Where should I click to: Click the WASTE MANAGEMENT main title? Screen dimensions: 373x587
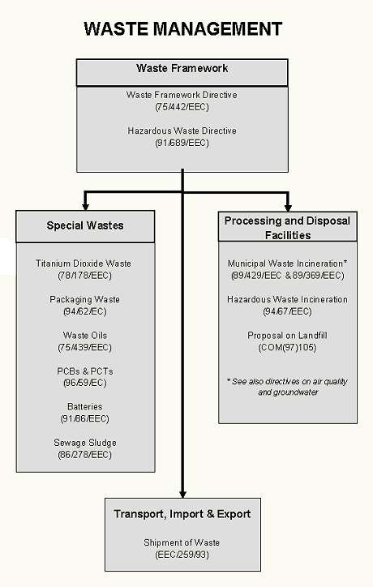tap(182, 29)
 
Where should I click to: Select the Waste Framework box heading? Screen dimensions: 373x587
tap(182, 68)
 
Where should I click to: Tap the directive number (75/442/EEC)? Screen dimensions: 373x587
tap(182, 107)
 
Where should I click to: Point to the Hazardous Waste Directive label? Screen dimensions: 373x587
tap(182, 131)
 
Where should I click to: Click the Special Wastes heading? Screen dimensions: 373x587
tap(85, 225)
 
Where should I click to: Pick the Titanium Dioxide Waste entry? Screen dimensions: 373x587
tap(84, 264)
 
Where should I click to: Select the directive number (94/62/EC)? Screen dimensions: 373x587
tap(85, 311)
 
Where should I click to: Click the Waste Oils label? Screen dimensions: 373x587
tap(85, 336)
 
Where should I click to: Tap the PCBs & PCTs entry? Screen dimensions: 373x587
tap(85, 371)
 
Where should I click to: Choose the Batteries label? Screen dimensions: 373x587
tap(85, 406)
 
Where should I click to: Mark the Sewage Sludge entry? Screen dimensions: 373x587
tap(85, 443)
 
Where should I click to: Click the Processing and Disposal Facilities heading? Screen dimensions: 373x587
tap(287, 228)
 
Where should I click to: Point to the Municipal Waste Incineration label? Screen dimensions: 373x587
tap(287, 264)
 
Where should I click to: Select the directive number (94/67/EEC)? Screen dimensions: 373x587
tap(287, 311)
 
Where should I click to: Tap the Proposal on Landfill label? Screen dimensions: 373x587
tap(287, 336)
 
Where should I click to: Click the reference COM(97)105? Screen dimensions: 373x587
tap(287, 347)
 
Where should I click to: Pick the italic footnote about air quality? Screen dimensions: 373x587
tap(287, 387)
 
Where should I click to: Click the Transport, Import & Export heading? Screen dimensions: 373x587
tap(182, 514)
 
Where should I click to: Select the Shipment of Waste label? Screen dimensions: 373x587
tap(182, 543)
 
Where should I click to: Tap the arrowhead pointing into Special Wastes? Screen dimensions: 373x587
tap(85, 206)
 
